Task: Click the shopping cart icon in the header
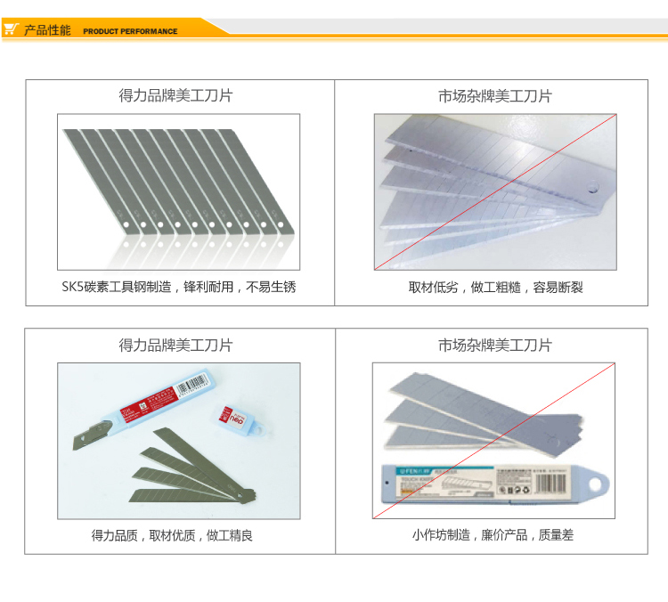tap(11, 29)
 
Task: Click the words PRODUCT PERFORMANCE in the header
tap(130, 31)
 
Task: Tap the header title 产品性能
tap(47, 30)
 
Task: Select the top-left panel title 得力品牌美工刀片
tap(175, 95)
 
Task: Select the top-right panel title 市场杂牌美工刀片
tap(495, 95)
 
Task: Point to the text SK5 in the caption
tap(72, 288)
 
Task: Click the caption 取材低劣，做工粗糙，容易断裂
tap(495, 288)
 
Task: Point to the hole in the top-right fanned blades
tap(592, 188)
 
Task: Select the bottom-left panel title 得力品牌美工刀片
tap(175, 346)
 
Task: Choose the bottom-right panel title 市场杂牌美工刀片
tap(495, 346)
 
